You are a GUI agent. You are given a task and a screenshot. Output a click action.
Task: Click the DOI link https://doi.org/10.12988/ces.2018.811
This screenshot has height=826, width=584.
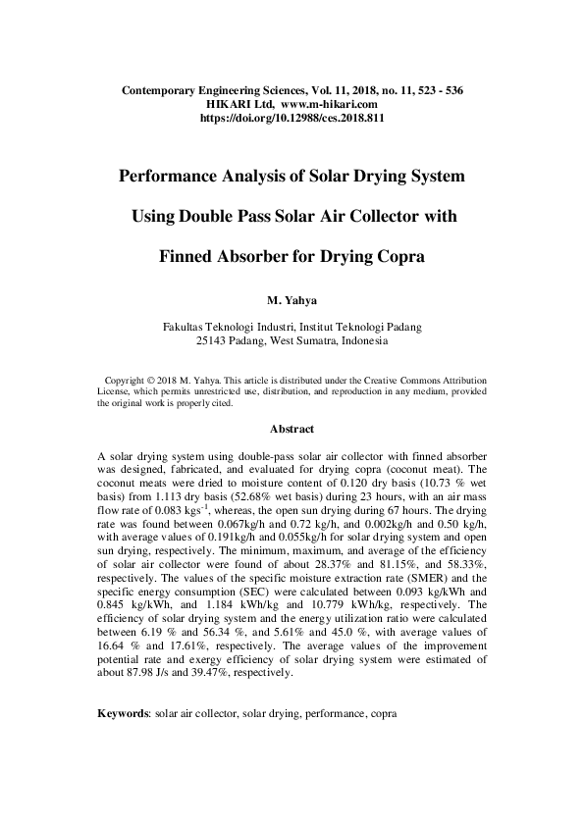click(291, 117)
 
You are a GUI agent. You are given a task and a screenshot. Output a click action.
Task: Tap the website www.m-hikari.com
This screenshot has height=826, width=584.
click(329, 103)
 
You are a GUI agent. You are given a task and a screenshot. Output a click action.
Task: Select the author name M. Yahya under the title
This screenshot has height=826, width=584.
click(292, 298)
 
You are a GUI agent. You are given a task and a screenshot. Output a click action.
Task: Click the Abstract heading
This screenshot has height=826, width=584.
click(292, 429)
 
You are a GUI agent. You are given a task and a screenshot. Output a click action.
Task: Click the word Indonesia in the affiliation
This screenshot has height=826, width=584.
click(363, 341)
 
